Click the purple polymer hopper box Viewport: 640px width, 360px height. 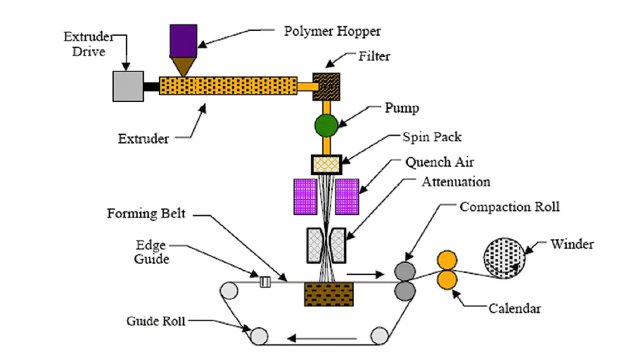183,41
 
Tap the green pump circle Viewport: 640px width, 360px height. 327,126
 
